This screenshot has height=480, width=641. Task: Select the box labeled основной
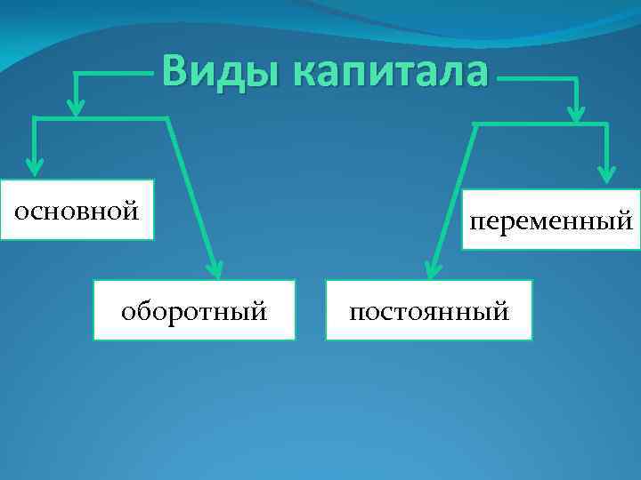(x=77, y=211)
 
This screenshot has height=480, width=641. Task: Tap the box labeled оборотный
(x=195, y=310)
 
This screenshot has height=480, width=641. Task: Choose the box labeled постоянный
(x=429, y=310)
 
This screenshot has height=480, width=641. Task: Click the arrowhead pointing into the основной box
(x=35, y=164)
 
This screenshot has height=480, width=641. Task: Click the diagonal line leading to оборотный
(x=190, y=191)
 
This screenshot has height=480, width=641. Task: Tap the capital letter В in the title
(x=175, y=72)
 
